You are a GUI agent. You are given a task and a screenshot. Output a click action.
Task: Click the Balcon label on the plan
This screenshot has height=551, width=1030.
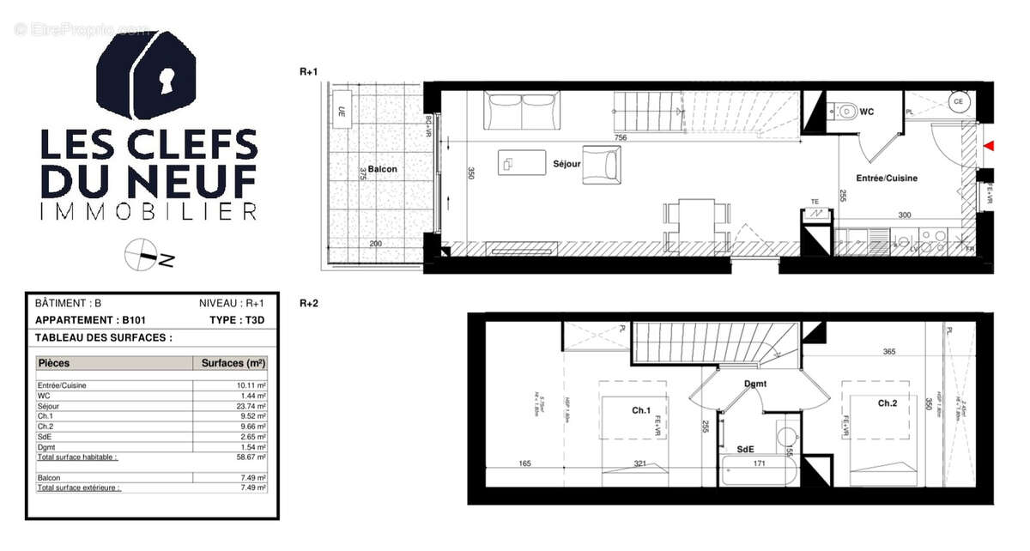382,169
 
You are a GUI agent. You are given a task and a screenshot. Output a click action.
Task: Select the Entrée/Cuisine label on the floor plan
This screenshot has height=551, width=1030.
888,179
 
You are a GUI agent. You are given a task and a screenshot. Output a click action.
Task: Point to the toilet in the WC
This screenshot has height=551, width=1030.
847,110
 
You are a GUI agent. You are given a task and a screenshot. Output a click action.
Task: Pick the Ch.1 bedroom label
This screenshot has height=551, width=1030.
641,411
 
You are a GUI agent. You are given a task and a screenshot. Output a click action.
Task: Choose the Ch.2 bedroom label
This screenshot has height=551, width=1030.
888,403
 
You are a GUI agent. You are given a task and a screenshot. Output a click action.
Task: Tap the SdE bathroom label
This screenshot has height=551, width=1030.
745,449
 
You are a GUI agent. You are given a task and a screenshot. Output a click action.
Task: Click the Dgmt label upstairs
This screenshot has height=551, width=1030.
755,384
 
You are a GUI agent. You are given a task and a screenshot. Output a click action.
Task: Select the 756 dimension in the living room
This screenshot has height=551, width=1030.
620,137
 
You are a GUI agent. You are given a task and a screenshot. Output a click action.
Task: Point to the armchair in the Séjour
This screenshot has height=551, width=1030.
602,165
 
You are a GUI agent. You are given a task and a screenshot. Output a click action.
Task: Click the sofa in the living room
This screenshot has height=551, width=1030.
521,110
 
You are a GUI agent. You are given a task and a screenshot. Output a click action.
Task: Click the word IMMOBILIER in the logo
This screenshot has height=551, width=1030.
148,211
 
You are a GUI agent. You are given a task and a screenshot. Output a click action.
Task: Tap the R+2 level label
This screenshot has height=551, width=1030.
309,303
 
